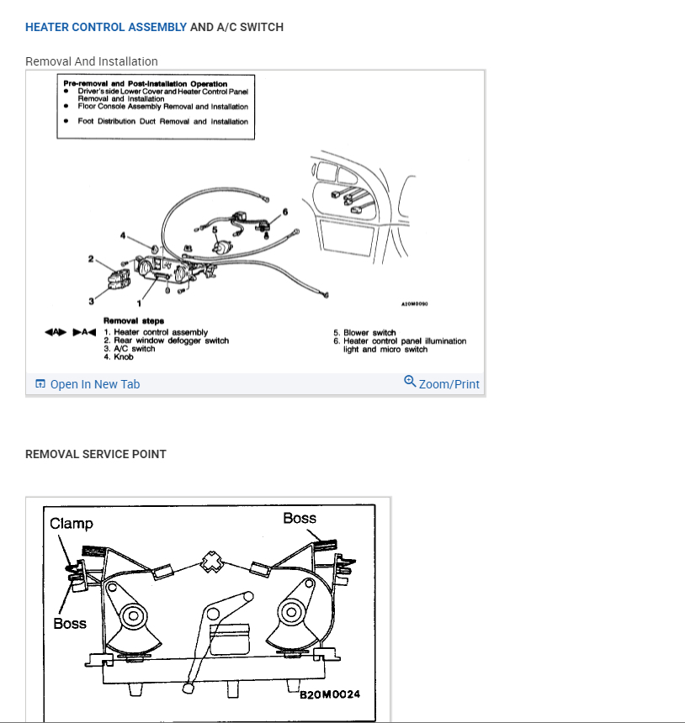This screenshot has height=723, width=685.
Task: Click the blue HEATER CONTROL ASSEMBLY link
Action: pyautogui.click(x=106, y=27)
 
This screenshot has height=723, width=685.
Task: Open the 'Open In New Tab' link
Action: pyautogui.click(x=94, y=384)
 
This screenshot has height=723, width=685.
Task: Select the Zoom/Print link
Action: pyautogui.click(x=449, y=384)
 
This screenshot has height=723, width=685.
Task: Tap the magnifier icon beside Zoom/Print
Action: pyautogui.click(x=410, y=382)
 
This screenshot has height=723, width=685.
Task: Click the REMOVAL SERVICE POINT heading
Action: pyautogui.click(x=96, y=454)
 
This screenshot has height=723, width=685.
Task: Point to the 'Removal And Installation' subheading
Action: pyautogui.click(x=92, y=61)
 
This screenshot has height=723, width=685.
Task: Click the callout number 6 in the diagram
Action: pyautogui.click(x=285, y=211)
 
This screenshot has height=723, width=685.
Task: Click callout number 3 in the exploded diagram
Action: pyautogui.click(x=91, y=300)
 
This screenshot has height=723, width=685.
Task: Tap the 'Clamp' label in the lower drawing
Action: pyautogui.click(x=72, y=524)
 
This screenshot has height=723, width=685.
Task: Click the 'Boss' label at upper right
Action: pyautogui.click(x=300, y=519)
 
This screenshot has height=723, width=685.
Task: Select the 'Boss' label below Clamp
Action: pyautogui.click(x=70, y=623)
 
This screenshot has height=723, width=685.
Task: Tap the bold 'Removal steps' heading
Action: pyautogui.click(x=134, y=320)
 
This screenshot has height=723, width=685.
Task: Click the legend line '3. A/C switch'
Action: pyautogui.click(x=129, y=349)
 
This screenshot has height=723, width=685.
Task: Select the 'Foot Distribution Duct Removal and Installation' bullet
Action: pyautogui.click(x=168, y=122)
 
